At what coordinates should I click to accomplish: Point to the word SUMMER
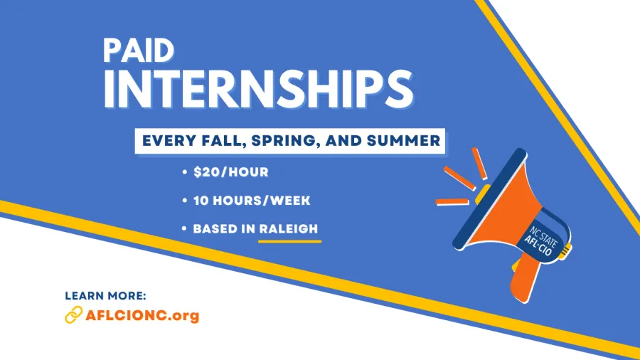point(400,141)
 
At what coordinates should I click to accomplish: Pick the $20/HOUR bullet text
point(230,172)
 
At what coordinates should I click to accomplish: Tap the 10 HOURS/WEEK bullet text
point(252,201)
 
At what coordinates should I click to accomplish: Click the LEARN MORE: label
point(105,295)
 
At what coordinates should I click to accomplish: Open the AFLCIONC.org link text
point(142,314)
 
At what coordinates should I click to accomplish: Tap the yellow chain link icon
point(74,314)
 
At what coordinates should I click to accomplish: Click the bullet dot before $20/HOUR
point(186,173)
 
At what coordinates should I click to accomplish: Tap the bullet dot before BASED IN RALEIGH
point(186,230)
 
